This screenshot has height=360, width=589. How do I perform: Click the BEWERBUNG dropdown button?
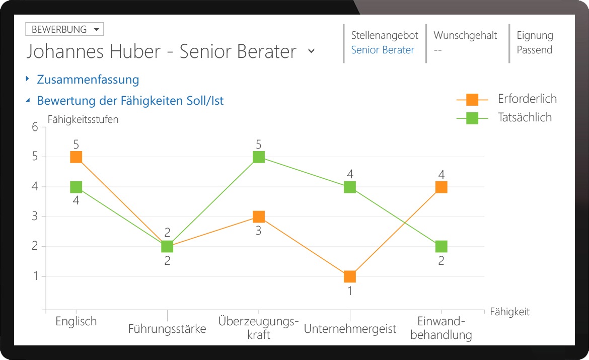[x=64, y=29]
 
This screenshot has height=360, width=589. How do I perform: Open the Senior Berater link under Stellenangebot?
[x=383, y=50]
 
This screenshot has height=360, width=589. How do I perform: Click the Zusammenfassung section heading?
[x=88, y=80]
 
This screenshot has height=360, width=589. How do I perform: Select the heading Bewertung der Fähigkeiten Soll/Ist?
[x=130, y=101]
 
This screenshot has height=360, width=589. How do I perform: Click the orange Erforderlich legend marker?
[x=472, y=99]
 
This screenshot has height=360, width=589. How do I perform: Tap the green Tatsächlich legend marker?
[x=472, y=118]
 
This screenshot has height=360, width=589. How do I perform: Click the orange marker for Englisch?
[x=76, y=157]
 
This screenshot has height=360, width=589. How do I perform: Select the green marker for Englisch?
[x=76, y=187]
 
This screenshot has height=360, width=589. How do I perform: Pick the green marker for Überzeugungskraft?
[x=259, y=157]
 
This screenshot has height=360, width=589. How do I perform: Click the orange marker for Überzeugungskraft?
[x=259, y=217]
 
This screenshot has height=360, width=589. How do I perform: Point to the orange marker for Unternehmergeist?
[x=350, y=276]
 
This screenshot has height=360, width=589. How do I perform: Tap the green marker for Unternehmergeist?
[x=350, y=187]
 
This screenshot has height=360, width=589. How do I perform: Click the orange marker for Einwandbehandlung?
[x=441, y=187]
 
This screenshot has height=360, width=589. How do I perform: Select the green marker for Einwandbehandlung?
[x=441, y=247]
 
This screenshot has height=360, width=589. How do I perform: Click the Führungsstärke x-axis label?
[x=167, y=329]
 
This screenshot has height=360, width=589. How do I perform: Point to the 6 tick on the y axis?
[x=35, y=127]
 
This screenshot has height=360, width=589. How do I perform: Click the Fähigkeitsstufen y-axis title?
[x=83, y=119]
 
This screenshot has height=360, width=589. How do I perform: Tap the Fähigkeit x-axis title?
[x=509, y=312]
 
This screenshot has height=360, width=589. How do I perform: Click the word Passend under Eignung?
[x=535, y=50]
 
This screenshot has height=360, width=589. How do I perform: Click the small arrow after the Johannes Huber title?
[x=311, y=51]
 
